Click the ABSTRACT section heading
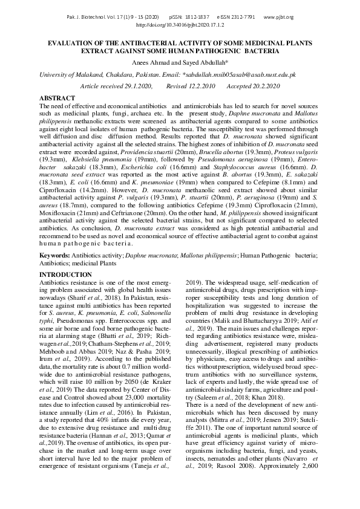pos(57,98)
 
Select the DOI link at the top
pos(180,25)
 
